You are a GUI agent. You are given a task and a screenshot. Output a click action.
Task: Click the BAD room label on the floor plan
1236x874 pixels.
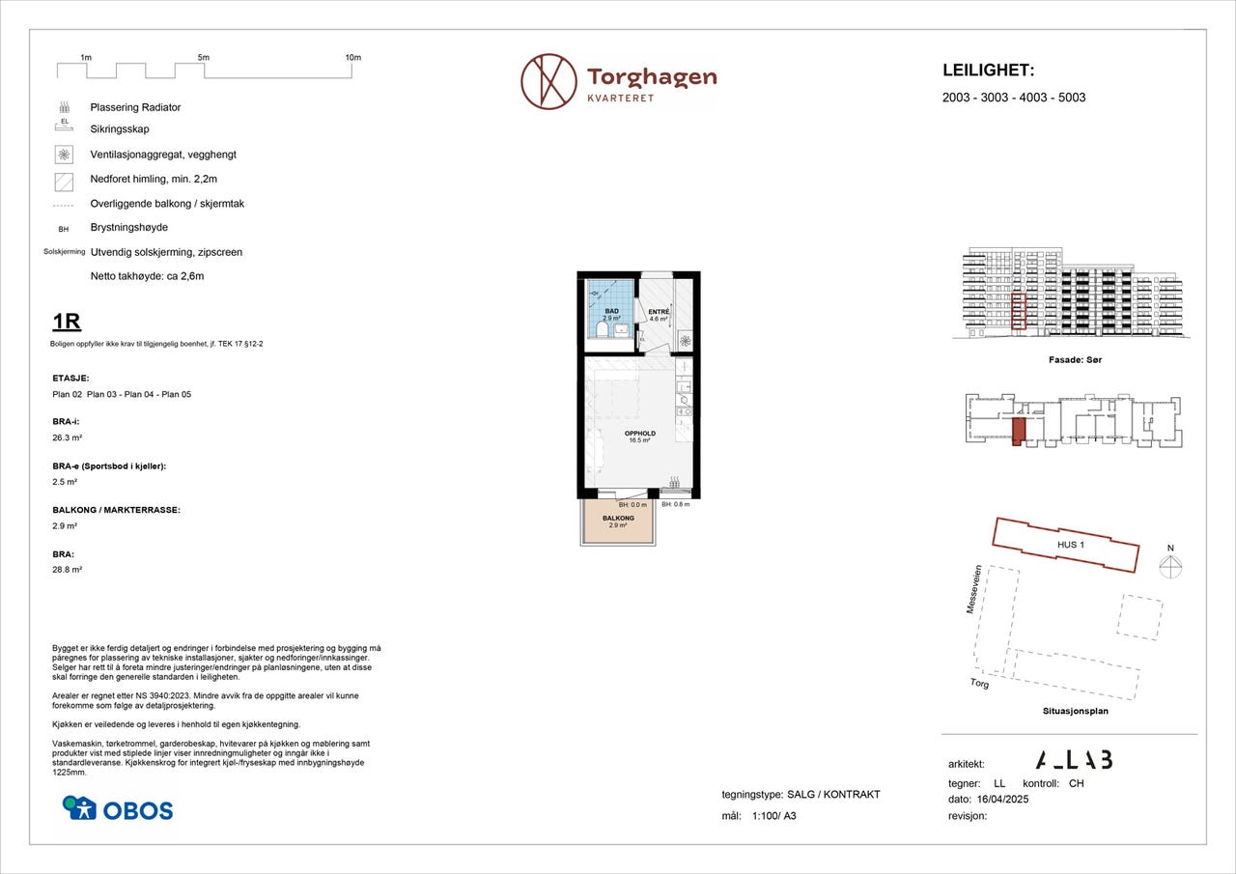tap(610, 311)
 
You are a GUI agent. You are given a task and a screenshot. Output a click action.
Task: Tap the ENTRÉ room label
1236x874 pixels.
tap(659, 312)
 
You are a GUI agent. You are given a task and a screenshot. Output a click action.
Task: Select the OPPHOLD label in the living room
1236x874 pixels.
tap(640, 434)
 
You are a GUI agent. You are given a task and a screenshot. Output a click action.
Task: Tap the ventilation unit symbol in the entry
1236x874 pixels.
tap(685, 339)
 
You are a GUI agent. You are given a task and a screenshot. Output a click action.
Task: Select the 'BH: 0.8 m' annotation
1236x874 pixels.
tap(676, 504)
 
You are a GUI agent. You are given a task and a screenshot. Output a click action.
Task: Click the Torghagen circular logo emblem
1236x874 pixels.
tap(548, 81)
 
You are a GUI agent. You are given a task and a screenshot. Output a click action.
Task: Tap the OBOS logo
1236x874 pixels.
tap(118, 808)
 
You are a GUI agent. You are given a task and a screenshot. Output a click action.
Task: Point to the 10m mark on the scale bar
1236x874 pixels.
tap(352, 58)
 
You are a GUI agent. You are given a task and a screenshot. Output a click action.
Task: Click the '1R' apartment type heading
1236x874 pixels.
tap(67, 323)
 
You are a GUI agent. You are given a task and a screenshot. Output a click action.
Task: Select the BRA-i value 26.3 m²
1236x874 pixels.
tap(66, 437)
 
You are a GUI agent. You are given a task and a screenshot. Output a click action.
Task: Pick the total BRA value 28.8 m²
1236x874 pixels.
tap(67, 570)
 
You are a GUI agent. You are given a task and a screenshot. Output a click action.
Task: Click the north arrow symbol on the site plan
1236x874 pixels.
tap(1170, 567)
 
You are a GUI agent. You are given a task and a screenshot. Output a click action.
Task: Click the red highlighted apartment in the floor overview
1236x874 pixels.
tap(1017, 431)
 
